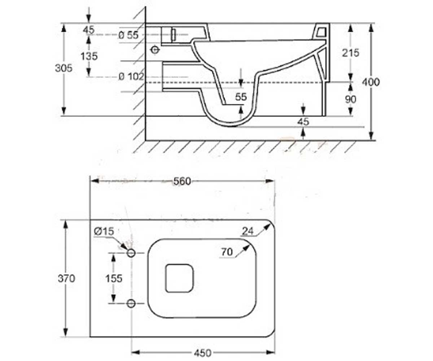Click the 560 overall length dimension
tap(182, 182)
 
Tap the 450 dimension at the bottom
tap(202, 353)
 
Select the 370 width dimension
tap(66, 278)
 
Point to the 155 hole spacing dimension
tap(114, 278)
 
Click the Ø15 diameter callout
tap(104, 231)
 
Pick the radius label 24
tap(248, 231)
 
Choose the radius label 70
tap(227, 252)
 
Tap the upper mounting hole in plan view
tap(131, 253)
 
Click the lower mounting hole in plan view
tap(131, 304)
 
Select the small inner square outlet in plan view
tap(180, 278)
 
